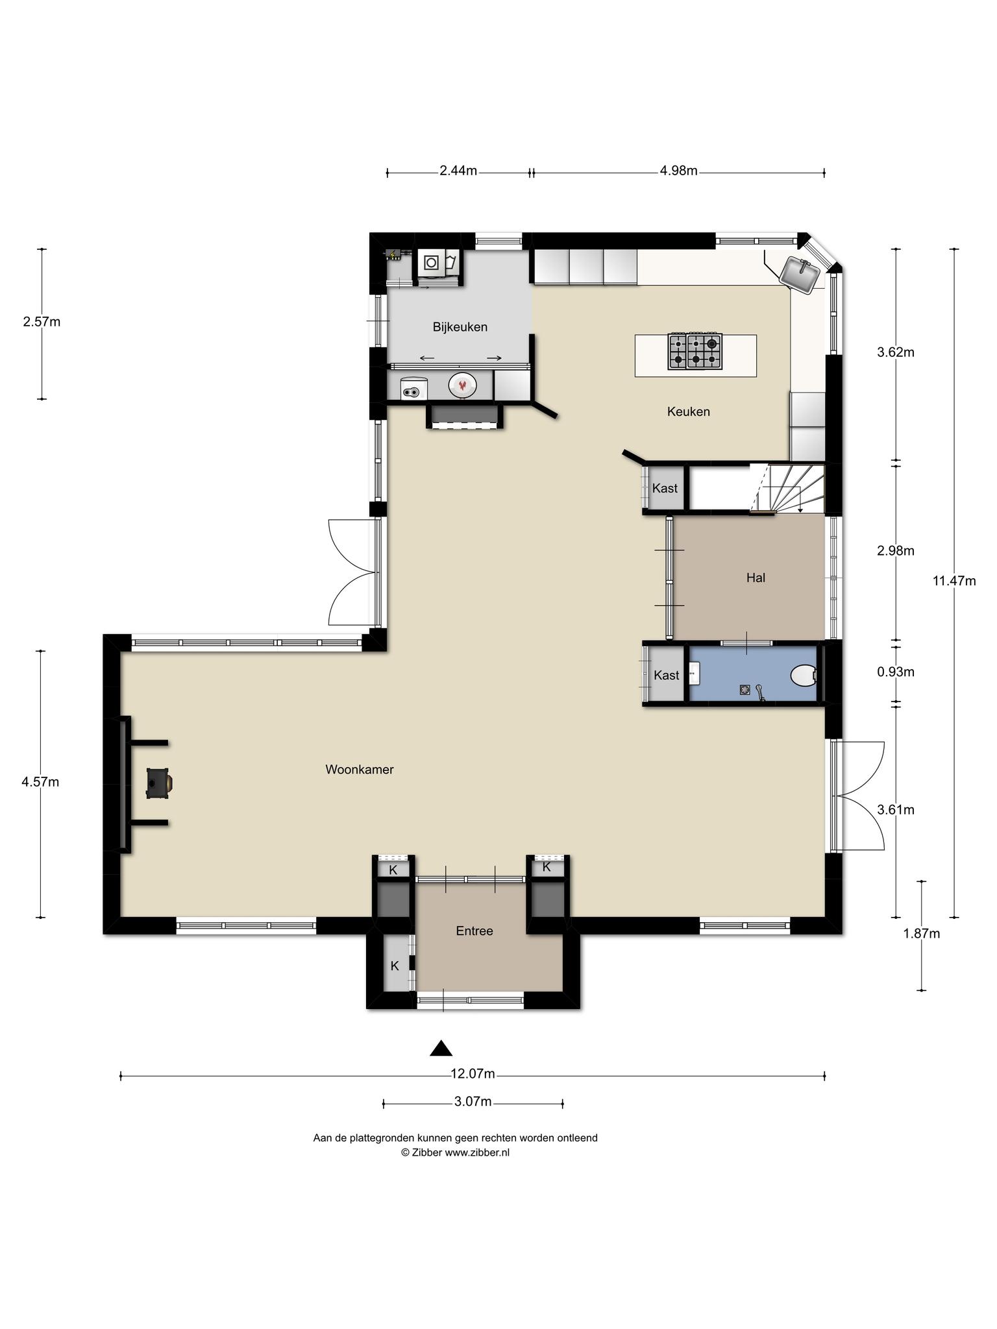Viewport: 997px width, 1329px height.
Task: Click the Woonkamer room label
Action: [x=360, y=770]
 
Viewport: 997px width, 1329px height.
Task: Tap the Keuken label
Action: [x=689, y=411]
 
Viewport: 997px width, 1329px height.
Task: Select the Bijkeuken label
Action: [x=460, y=327]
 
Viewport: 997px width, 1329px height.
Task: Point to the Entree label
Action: [x=474, y=931]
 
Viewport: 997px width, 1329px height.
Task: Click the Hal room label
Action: [x=756, y=578]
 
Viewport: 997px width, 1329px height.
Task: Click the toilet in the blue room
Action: [x=804, y=676]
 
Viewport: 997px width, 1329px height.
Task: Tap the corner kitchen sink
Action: [x=800, y=274]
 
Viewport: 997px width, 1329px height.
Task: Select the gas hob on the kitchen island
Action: [x=695, y=352]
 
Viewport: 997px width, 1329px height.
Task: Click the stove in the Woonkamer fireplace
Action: [x=158, y=783]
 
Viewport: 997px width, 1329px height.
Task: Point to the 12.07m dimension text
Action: [x=473, y=1074]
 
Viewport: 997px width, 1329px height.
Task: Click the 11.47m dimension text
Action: [x=954, y=581]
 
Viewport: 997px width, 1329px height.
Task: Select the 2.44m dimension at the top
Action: [x=458, y=171]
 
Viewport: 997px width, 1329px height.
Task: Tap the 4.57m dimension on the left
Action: [x=40, y=782]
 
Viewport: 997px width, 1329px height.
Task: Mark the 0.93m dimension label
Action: [x=896, y=672]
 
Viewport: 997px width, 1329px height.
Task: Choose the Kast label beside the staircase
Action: [x=665, y=488]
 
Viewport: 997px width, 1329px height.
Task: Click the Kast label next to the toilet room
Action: [x=667, y=675]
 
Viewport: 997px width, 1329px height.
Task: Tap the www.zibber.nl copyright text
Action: [x=455, y=1152]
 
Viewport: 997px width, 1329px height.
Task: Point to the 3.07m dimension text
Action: [x=473, y=1101]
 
